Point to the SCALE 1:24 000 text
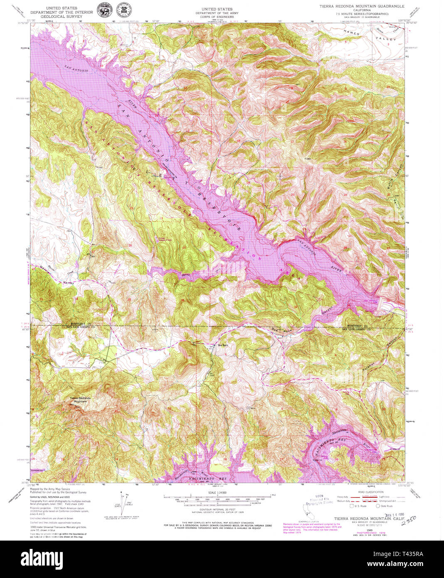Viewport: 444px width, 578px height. [x=217, y=493]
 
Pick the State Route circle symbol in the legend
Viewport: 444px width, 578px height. [x=378, y=506]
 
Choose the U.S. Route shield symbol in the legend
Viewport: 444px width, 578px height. [x=352, y=506]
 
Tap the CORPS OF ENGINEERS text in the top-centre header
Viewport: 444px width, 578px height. [x=217, y=17]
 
